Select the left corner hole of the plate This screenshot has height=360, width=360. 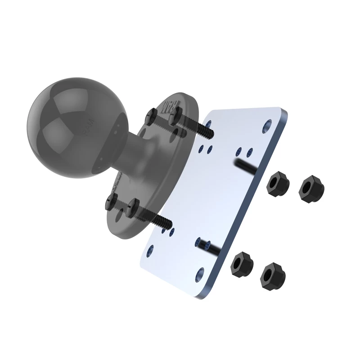point(150,248)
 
